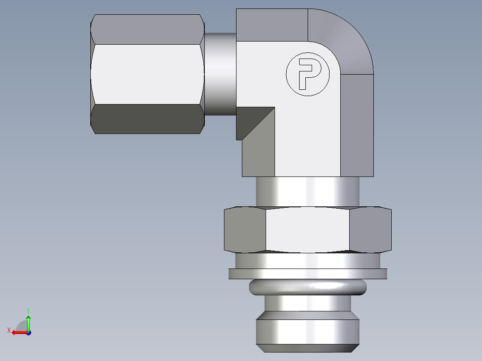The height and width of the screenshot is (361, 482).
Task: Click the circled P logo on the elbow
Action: click(308, 74)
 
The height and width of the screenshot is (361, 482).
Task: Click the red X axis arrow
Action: click(17, 332)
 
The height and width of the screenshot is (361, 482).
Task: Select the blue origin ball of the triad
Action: click(28, 333)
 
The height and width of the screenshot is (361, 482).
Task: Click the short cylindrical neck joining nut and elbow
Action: click(220, 74)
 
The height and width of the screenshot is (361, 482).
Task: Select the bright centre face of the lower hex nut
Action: click(308, 230)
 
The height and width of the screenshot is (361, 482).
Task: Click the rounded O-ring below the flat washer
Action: click(308, 287)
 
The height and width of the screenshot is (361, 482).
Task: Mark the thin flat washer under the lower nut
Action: click(308, 273)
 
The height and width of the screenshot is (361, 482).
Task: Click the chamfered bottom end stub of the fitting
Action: click(308, 333)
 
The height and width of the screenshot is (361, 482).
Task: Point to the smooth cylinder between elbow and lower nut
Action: click(308, 192)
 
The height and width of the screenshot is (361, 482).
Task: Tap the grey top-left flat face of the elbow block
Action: click(271, 25)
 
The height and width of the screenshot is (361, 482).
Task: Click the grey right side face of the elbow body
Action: click(357, 125)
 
